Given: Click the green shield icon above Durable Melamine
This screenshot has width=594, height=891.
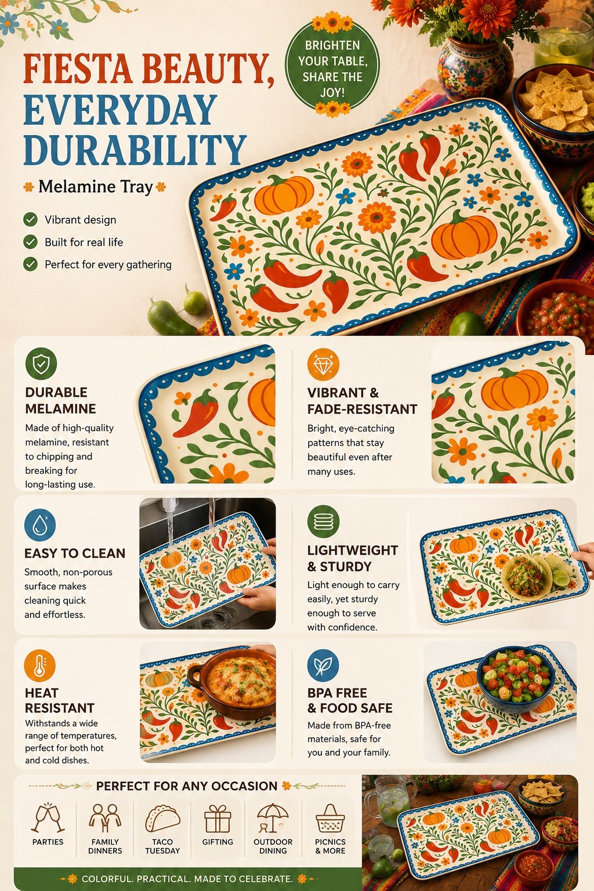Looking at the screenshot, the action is coord(41,363).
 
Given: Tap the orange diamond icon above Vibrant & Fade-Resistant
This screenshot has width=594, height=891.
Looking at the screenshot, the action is coord(323,364).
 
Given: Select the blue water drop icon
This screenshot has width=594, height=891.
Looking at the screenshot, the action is coord(40,524).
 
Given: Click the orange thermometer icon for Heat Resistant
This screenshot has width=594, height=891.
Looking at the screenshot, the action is coord(39,666).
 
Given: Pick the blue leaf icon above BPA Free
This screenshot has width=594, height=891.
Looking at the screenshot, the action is coord(323,666).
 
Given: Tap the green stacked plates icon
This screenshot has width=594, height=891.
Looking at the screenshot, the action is coord(323,521).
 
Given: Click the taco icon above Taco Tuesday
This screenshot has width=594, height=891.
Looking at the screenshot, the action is coord(162,818).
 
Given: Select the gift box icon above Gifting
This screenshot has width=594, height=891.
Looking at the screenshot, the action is coord(217,818).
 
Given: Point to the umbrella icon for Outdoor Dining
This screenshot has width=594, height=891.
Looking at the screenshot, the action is coord(272,818).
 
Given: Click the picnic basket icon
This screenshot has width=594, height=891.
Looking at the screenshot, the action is coord(330,818).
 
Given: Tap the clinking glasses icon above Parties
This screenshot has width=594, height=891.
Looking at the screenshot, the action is coord(48,818).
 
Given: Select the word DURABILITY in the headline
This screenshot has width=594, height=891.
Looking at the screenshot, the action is coord(135,150).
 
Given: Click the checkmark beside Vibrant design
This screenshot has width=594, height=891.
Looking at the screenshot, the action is coord(30,219).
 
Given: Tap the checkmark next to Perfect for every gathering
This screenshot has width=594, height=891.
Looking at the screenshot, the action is coord(30,264).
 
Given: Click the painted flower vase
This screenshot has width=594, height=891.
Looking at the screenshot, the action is coord(475,67).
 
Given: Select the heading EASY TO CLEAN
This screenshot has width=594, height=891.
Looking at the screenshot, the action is coord(75,553).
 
